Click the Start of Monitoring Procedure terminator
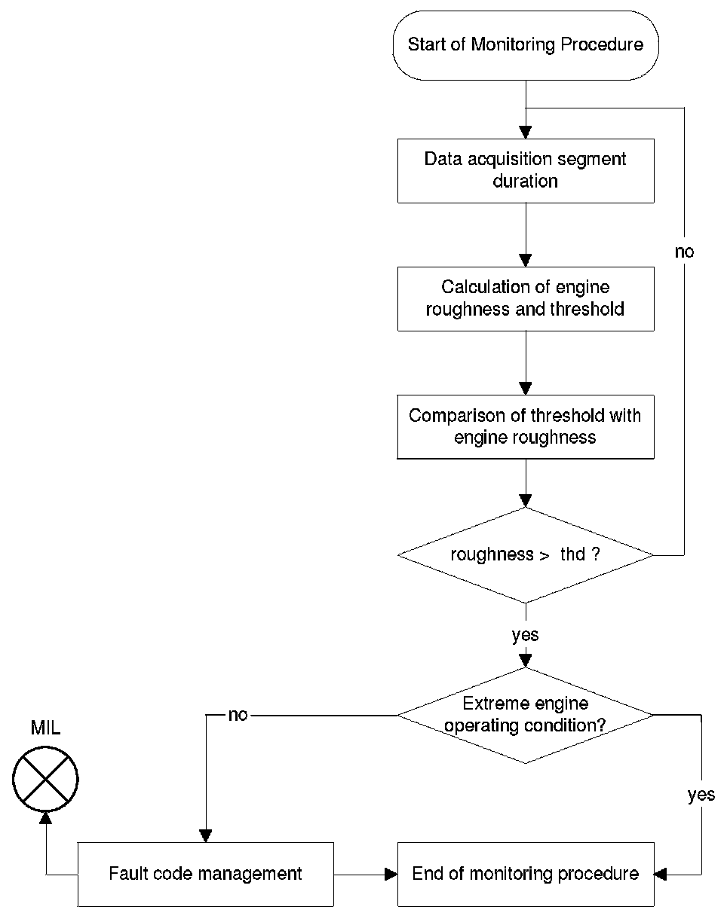526,45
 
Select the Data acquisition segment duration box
526,171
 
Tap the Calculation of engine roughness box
526,299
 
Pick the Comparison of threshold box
526,427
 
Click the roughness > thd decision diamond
526,555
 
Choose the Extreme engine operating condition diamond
526,715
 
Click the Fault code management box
205,874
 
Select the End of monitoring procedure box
526,874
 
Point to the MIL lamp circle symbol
45,779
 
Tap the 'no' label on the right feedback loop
684,252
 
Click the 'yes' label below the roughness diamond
525,636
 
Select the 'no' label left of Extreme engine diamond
238,715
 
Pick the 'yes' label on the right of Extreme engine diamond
701,795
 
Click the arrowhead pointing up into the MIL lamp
45,817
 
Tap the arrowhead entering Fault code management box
206,835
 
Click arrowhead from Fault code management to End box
391,874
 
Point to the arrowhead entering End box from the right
661,874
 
